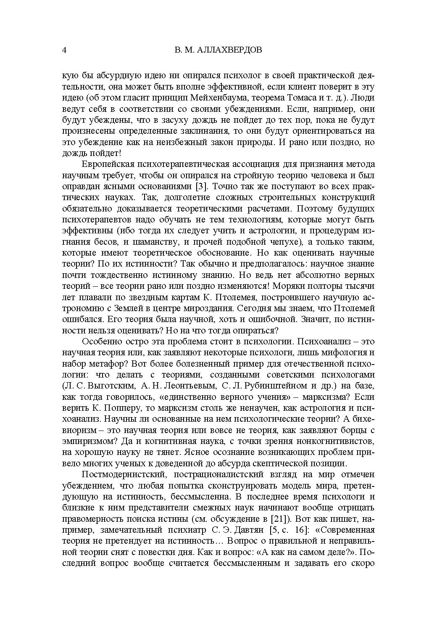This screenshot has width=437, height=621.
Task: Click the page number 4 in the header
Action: (64, 50)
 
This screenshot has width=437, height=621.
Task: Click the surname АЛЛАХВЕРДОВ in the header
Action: (230, 50)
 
